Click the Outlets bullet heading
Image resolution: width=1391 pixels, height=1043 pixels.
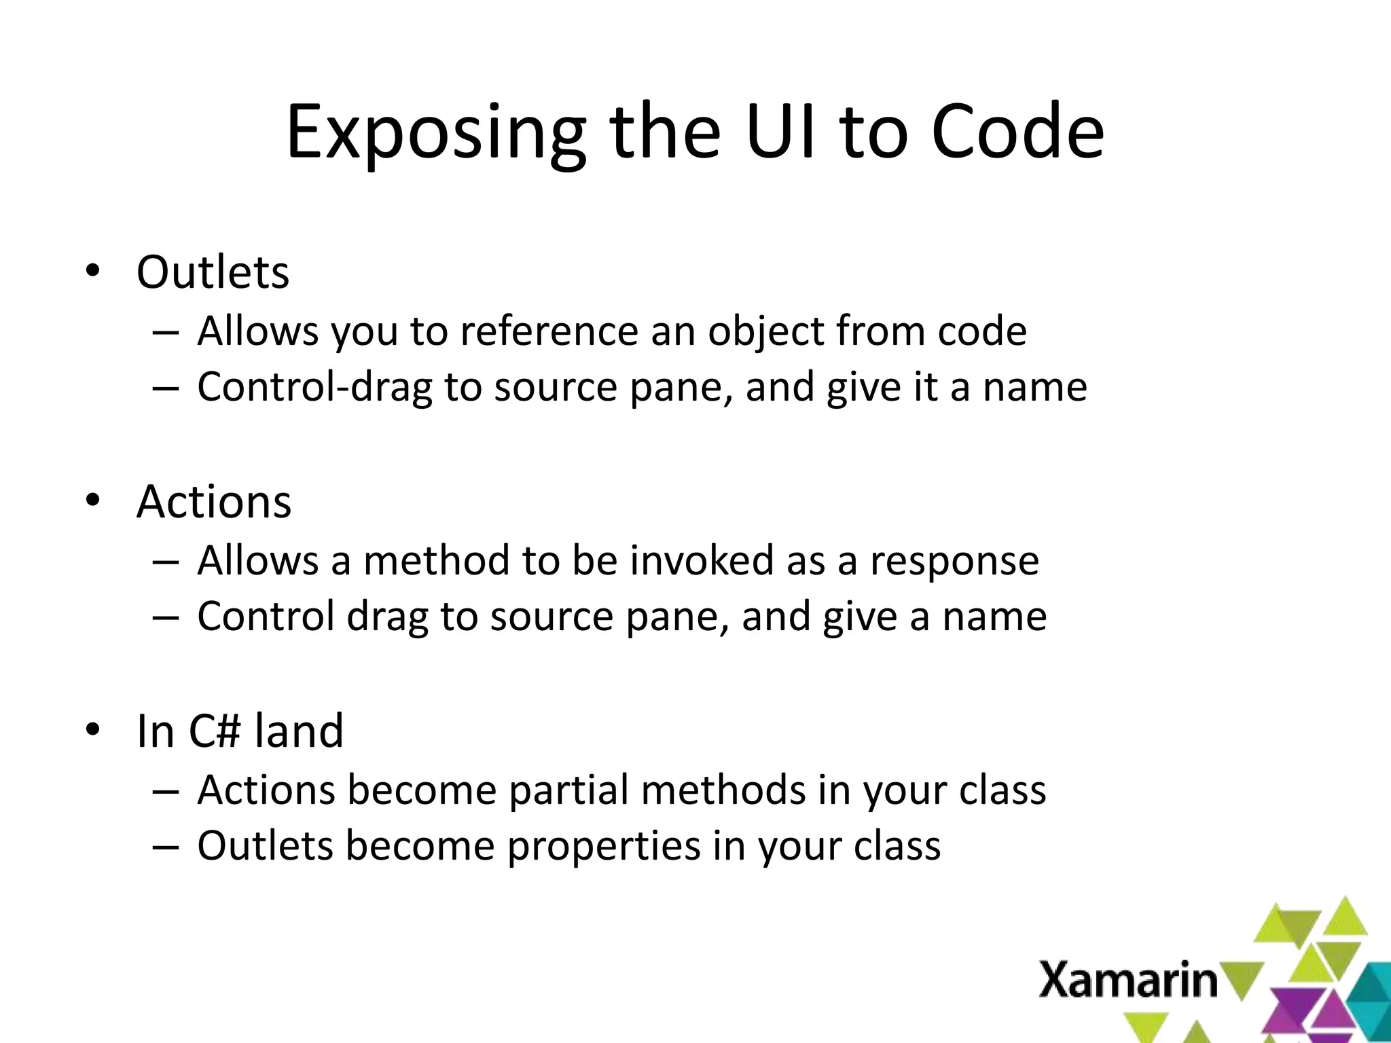[213, 272]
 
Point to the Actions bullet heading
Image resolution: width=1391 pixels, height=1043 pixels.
[214, 502]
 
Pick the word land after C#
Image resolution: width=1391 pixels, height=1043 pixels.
[299, 731]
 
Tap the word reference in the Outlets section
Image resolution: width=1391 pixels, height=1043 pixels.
[549, 331]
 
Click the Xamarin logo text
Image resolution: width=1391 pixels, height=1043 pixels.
[1129, 980]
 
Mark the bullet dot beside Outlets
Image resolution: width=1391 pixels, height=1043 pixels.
[92, 272]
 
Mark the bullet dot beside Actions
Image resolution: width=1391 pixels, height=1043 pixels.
[92, 501]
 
